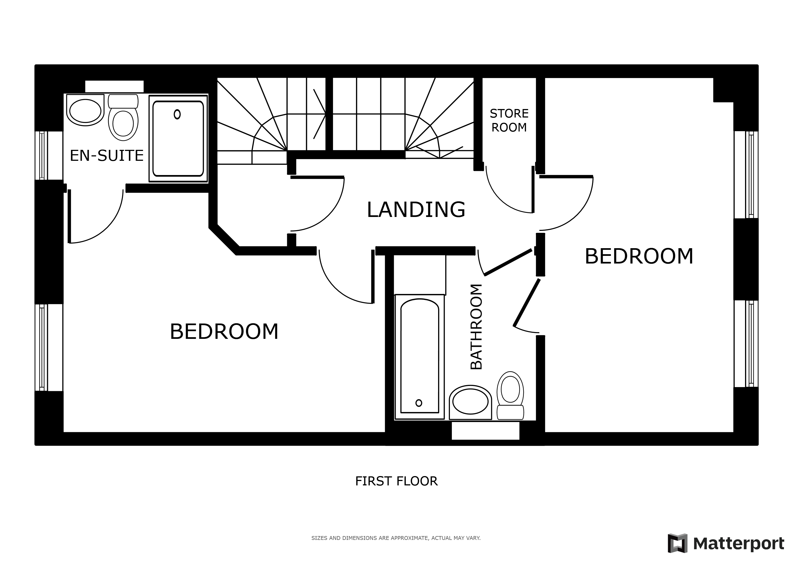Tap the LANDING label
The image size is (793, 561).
416,210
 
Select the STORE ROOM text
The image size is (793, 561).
509,120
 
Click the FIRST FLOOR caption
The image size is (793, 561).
396,481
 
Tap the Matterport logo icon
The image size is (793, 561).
677,543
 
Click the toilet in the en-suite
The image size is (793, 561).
123,118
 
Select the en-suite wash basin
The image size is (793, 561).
85,110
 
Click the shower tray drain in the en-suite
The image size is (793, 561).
177,114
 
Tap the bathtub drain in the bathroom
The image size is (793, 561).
419,403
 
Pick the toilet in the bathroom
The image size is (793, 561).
510,396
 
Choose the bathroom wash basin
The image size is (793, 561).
470,402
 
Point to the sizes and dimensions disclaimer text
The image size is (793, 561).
396,538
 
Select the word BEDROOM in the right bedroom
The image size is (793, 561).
639,256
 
